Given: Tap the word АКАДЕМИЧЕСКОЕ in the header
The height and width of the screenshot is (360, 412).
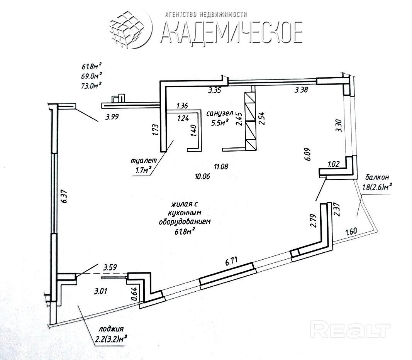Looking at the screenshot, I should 231,32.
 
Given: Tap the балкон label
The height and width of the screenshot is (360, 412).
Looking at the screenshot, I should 377,177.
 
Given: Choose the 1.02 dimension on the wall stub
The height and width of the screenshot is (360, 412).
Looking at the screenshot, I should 333,164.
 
